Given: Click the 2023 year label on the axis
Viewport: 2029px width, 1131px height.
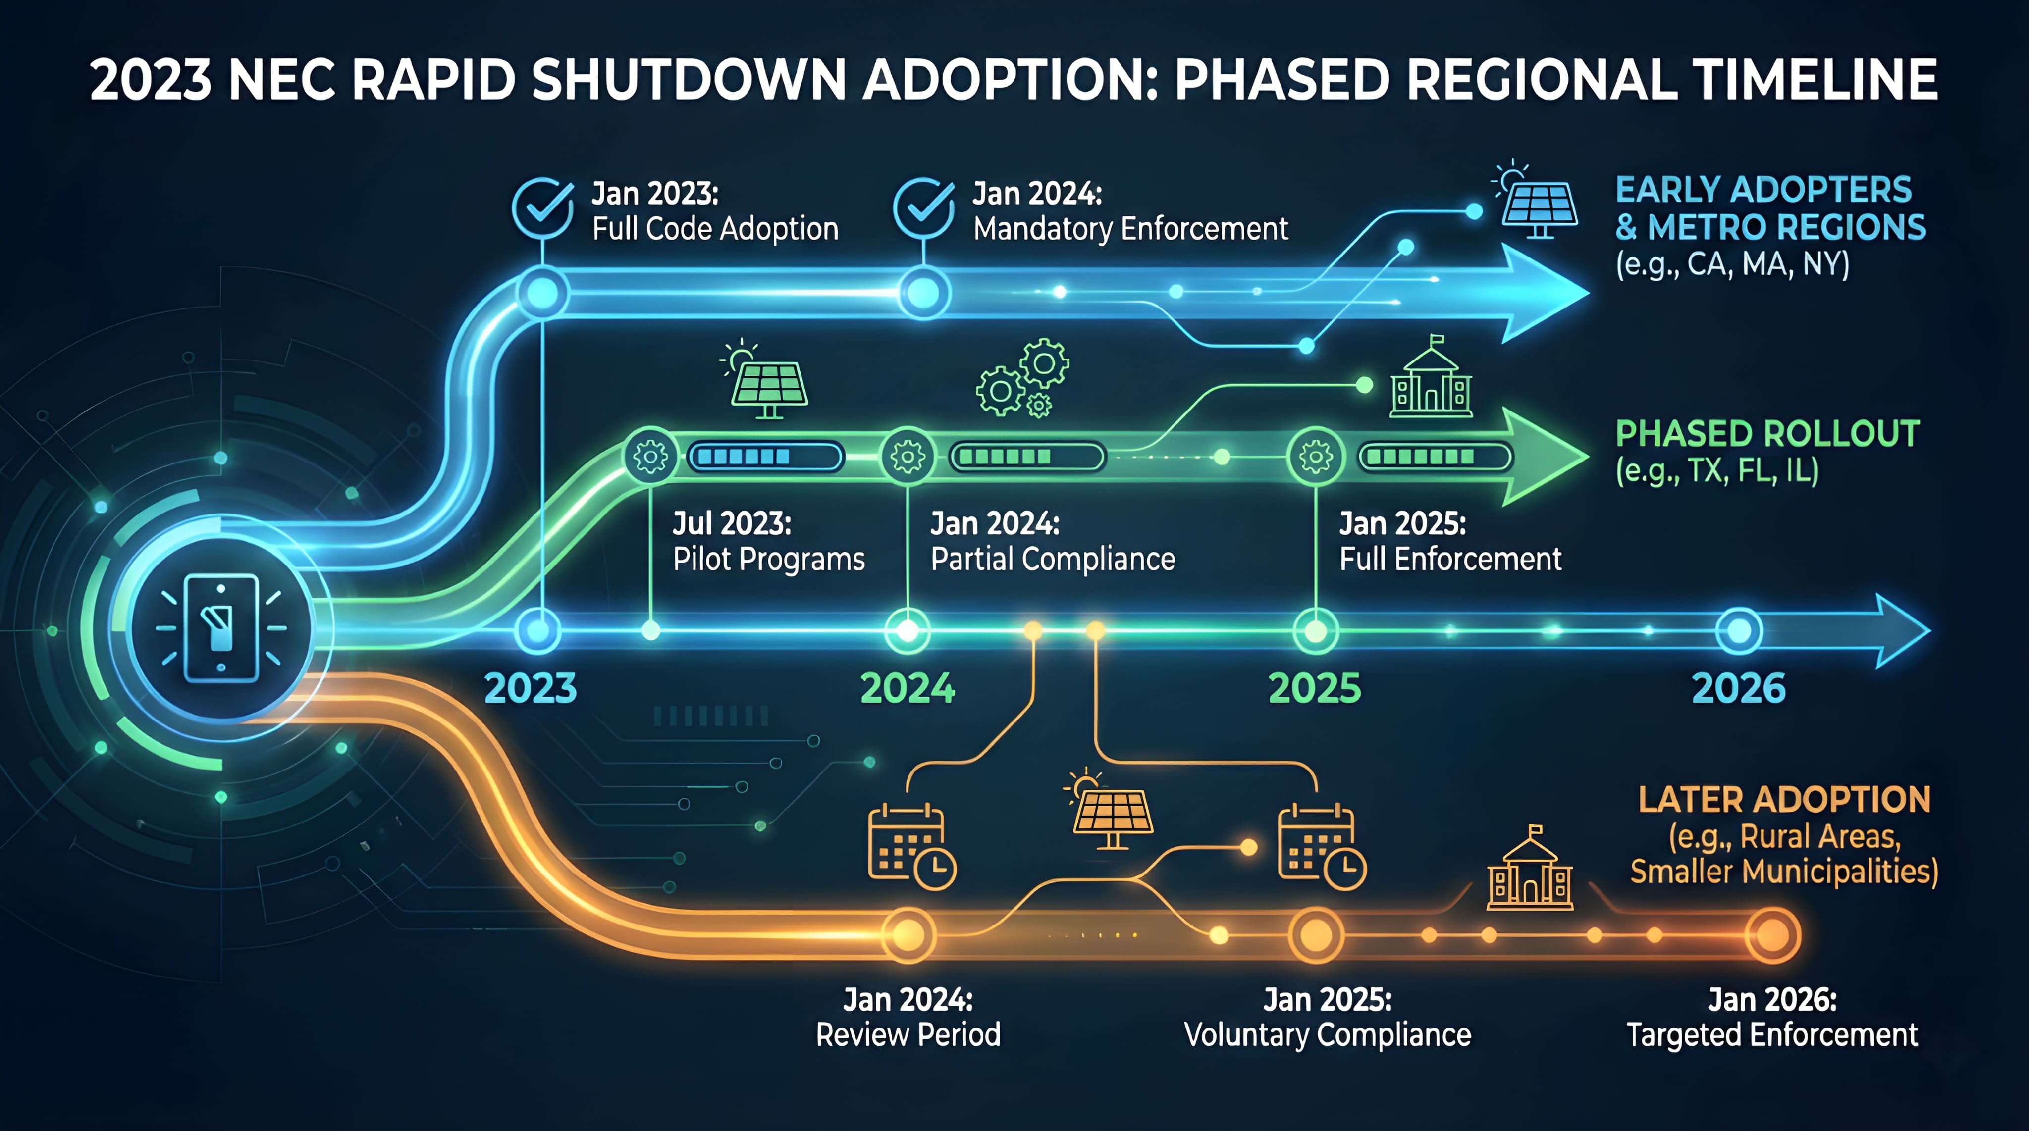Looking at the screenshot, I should tap(530, 688).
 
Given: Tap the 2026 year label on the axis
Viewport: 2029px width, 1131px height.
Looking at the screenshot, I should tap(1738, 688).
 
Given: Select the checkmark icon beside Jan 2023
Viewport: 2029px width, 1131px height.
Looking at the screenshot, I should tap(542, 207).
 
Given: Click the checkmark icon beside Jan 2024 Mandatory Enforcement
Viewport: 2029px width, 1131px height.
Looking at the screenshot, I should tap(923, 207).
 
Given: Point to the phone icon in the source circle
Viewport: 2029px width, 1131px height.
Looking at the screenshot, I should tap(221, 628).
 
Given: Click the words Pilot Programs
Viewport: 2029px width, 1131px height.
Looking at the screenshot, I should tap(768, 559).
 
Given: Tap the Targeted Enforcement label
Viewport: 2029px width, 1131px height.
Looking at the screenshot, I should tap(1772, 1034).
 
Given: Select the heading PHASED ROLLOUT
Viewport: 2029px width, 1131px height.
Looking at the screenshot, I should tap(1767, 434).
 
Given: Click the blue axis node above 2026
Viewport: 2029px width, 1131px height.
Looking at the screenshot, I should tap(1738, 631).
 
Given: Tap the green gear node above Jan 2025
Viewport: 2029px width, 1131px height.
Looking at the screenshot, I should tap(1315, 456).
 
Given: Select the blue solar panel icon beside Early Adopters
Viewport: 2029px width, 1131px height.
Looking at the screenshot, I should tap(1538, 206).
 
